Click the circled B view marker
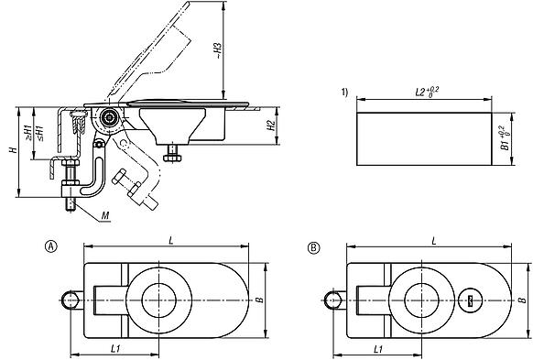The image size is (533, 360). [x=313, y=247]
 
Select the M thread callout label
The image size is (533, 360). [x=107, y=217]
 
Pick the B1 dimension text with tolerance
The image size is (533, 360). [x=504, y=137]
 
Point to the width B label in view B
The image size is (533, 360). [x=523, y=300]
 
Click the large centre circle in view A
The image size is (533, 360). [x=161, y=300]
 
